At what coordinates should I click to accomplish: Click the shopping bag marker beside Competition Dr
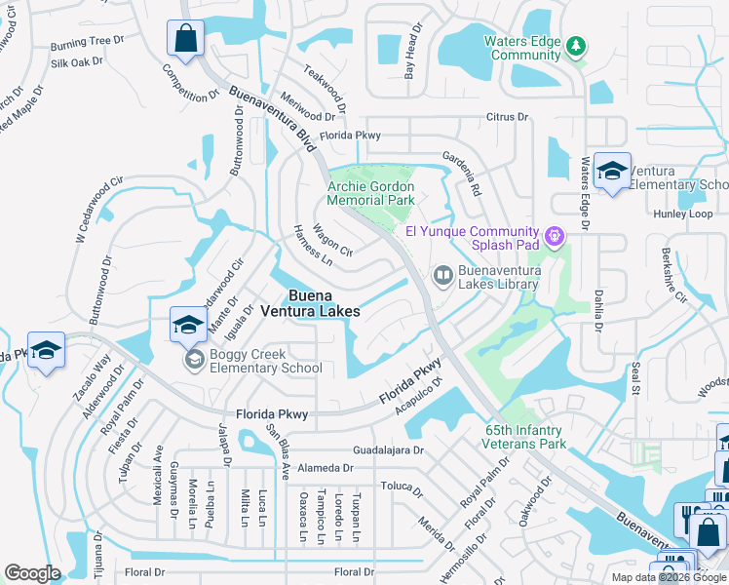click(185, 40)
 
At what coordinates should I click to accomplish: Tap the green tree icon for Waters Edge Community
click(576, 45)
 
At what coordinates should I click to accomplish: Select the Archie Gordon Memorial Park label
click(370, 193)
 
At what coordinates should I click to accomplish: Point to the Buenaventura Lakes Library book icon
click(442, 276)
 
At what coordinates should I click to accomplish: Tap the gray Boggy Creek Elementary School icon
click(194, 360)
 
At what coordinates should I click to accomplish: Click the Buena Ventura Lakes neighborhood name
click(323, 303)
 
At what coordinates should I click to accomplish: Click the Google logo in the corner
click(32, 572)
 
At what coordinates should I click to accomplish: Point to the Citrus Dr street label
click(507, 117)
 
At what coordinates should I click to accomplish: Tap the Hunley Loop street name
click(686, 213)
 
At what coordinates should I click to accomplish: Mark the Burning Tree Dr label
click(89, 43)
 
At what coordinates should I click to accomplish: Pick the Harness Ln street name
click(313, 247)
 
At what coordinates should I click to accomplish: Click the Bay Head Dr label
click(414, 51)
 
